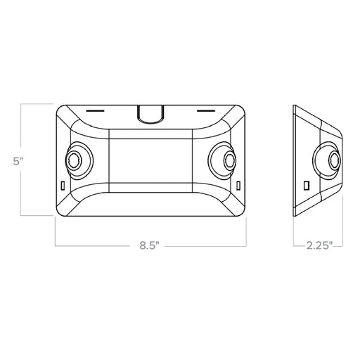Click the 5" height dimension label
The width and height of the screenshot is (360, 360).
(x=18, y=160)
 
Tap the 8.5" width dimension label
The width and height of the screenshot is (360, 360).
(x=148, y=245)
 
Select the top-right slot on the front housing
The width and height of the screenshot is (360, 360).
(x=205, y=110)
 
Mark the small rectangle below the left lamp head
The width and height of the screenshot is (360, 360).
(x=62, y=186)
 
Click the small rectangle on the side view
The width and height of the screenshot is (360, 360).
(x=307, y=184)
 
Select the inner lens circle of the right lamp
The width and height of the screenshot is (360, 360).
(x=228, y=161)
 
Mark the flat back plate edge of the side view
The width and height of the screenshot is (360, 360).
(x=294, y=160)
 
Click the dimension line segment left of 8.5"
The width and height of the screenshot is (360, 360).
(x=95, y=245)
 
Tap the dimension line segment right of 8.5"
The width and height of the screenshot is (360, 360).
(x=203, y=245)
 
